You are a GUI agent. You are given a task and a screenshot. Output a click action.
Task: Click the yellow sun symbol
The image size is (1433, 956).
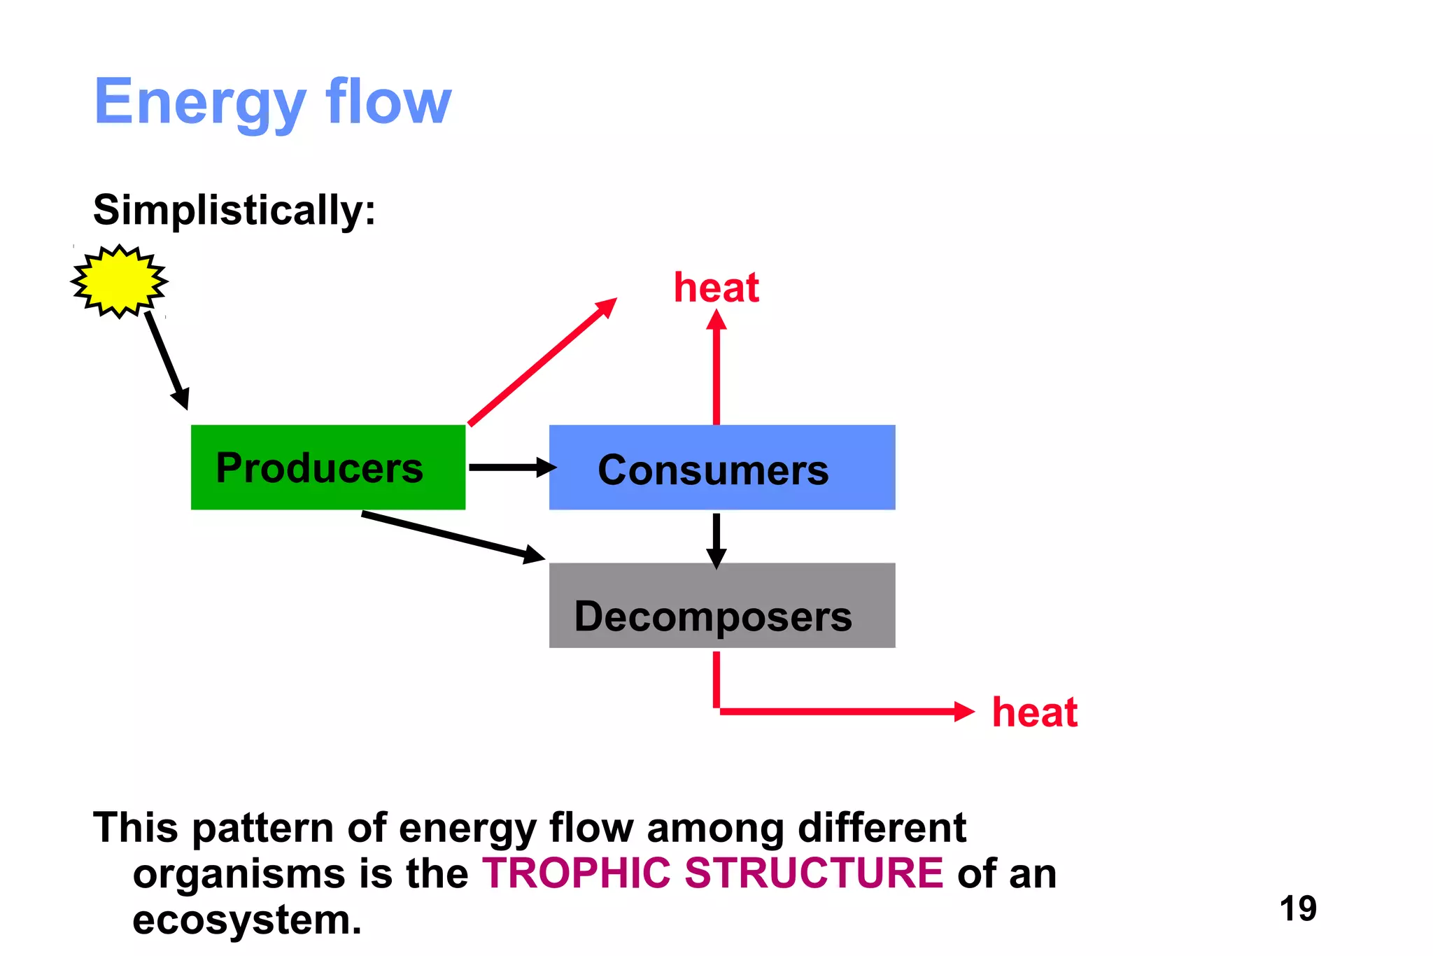[119, 281]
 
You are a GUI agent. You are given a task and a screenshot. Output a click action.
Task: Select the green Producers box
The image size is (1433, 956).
[327, 467]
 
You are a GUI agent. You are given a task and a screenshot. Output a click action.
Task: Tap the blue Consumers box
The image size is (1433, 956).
[721, 467]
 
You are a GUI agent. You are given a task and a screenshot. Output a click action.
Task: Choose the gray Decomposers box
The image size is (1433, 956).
[721, 605]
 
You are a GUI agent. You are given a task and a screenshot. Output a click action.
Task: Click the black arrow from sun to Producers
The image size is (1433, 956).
[167, 360]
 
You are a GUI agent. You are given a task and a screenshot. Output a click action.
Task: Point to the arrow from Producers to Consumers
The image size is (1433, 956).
[511, 467]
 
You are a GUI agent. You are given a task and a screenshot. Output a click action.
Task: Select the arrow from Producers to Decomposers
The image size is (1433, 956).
[451, 536]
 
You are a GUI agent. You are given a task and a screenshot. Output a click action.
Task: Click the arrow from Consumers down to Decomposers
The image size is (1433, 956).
[716, 539]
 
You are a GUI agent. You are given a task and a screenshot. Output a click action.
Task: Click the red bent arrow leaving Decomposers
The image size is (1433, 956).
[840, 711]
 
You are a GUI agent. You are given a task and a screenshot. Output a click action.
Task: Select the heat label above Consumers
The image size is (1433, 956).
[716, 288]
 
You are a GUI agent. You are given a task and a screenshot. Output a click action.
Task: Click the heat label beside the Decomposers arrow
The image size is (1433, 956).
[1034, 712]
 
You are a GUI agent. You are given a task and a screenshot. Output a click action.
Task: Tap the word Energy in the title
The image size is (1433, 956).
[199, 102]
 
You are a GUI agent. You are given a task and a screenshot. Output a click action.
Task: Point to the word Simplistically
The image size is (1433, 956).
[234, 210]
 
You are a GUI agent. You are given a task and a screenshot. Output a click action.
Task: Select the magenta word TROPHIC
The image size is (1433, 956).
[577, 873]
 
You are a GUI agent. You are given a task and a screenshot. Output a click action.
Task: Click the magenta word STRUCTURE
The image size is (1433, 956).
[814, 873]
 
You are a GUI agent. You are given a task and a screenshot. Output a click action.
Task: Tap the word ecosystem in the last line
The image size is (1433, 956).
[246, 920]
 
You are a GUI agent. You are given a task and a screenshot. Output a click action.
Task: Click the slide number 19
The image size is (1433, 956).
[1297, 908]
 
